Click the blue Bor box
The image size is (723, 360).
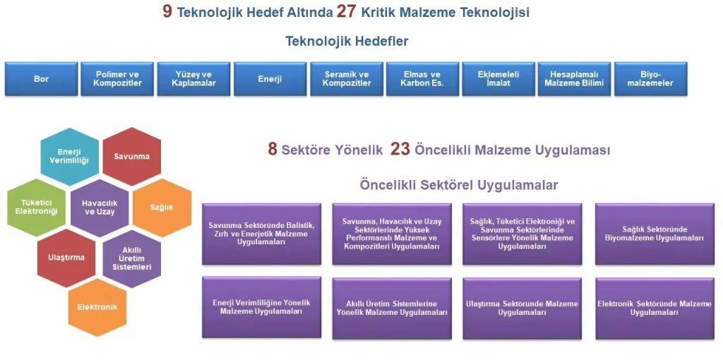click(42, 79)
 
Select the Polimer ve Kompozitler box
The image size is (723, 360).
click(117, 79)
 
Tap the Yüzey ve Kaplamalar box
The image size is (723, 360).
click(193, 79)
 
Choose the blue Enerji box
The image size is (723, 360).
click(270, 79)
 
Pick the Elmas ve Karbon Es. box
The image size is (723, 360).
click(422, 79)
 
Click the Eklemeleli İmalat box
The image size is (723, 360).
click(498, 79)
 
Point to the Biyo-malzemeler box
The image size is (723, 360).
click(651, 79)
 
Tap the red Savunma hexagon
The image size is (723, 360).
click(131, 156)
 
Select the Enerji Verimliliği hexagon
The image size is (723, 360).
click(68, 156)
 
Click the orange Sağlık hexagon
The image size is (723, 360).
click(162, 208)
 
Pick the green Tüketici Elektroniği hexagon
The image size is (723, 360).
click(37, 208)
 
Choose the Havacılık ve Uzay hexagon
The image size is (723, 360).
click(100, 208)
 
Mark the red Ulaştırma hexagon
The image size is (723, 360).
click(66, 258)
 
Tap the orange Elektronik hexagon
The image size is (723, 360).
click(97, 307)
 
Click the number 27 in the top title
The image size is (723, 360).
click(347, 12)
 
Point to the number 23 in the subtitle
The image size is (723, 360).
click(400, 149)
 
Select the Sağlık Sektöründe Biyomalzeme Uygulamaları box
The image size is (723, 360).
click(654, 234)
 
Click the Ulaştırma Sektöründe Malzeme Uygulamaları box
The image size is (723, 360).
click(522, 308)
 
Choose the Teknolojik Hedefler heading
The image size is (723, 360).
click(347, 41)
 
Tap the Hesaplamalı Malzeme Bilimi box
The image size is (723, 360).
click(574, 79)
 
